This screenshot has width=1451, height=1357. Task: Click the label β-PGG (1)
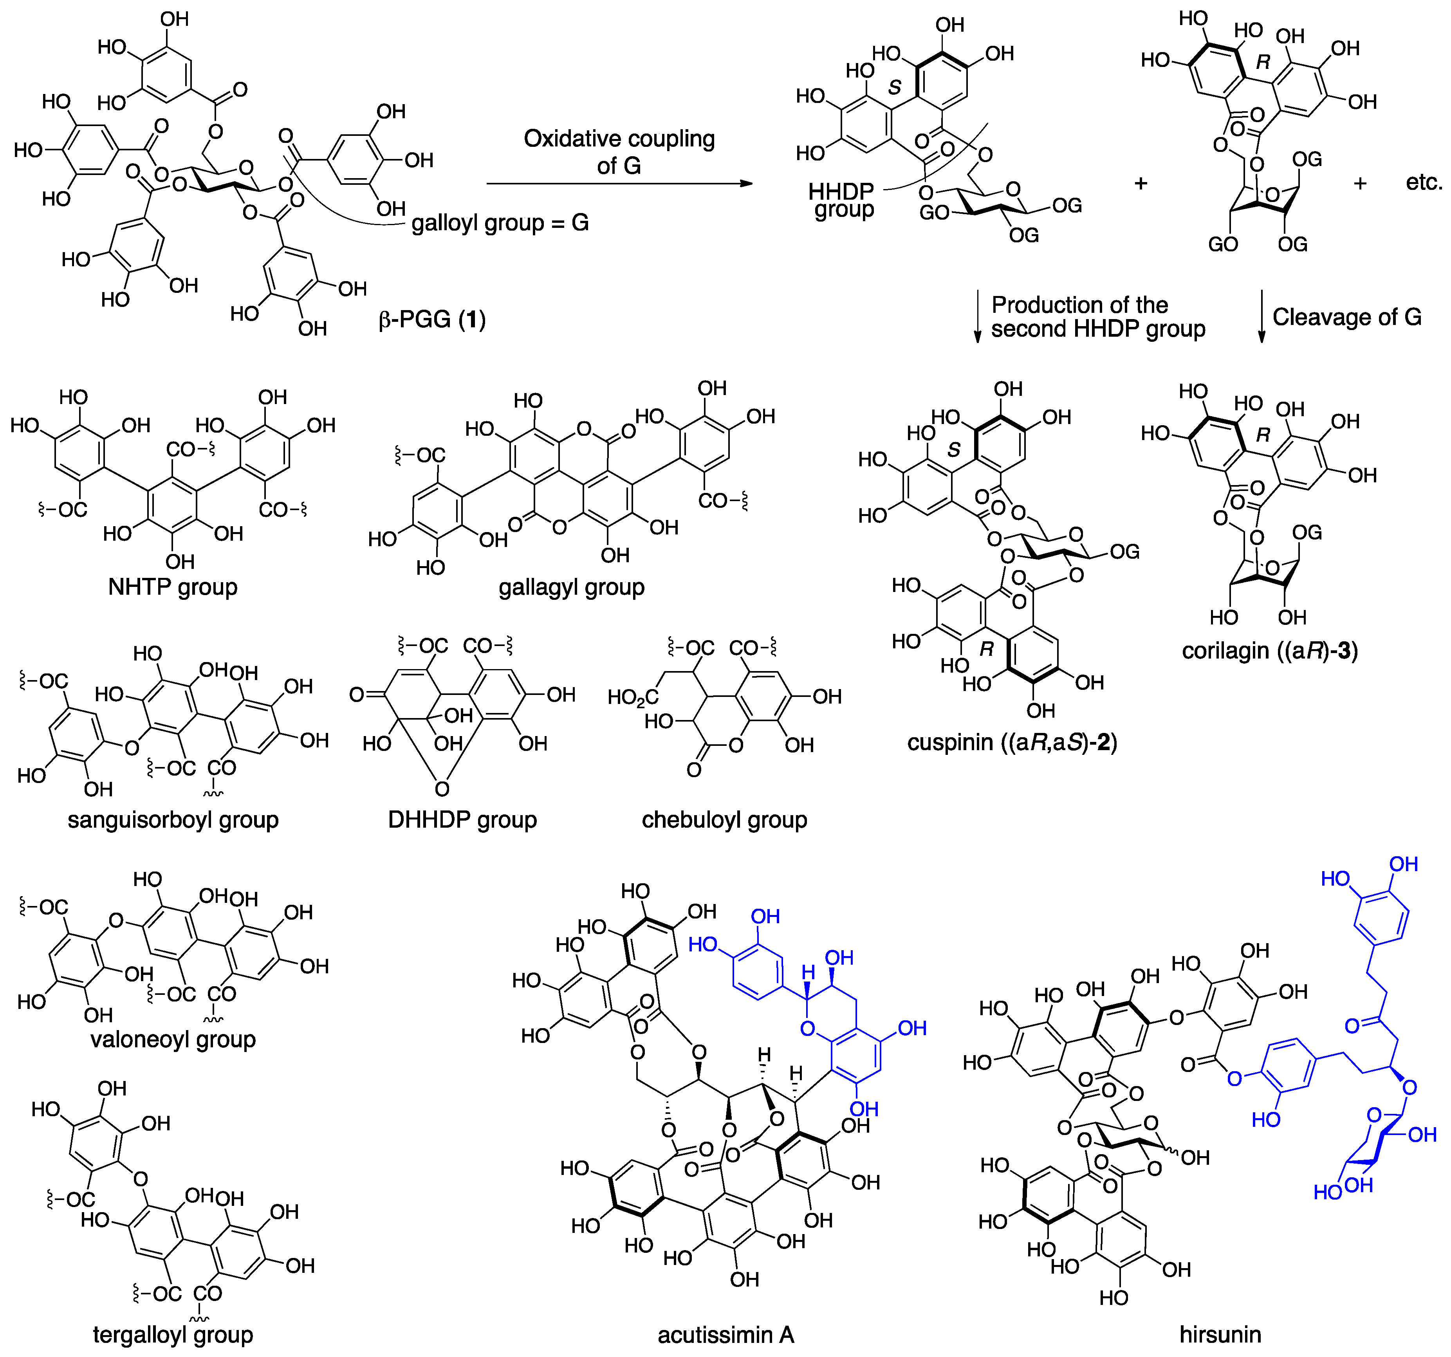(x=432, y=320)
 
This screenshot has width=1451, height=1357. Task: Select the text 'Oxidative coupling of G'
(x=619, y=152)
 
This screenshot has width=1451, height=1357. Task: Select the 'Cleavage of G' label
(x=1346, y=317)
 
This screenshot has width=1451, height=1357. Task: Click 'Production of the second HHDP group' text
(x=1097, y=317)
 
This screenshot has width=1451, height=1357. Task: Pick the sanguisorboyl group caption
(x=173, y=820)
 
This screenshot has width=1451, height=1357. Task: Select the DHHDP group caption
(x=462, y=820)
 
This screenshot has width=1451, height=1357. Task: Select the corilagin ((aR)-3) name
(x=1270, y=650)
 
